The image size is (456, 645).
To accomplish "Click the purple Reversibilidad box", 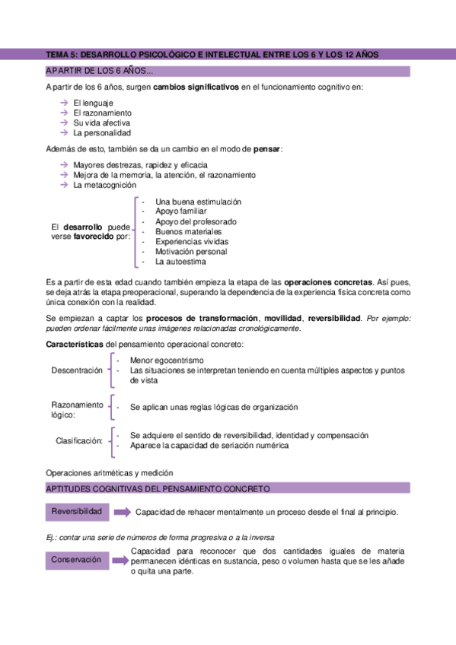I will (x=76, y=512).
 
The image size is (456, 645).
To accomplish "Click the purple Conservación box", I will (x=76, y=561).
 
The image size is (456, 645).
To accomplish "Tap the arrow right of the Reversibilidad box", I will (x=122, y=513).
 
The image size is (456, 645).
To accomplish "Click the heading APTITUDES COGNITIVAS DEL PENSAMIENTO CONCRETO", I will (x=158, y=488).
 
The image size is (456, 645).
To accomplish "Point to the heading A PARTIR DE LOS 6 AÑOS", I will (x=99, y=71).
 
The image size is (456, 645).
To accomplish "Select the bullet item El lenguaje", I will (x=94, y=102).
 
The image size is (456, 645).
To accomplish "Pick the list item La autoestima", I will (x=180, y=262).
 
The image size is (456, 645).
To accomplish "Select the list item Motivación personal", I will (x=191, y=252).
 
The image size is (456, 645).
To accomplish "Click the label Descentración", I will (x=76, y=370).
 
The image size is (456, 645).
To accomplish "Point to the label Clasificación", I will (x=79, y=441).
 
